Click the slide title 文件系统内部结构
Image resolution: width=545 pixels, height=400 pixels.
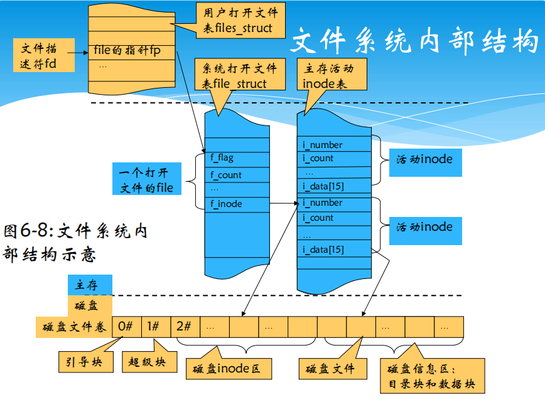pos(414,41)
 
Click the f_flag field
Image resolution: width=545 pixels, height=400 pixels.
pos(236,158)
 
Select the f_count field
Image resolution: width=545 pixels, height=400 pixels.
pos(236,175)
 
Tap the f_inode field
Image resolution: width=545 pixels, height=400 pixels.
pos(236,204)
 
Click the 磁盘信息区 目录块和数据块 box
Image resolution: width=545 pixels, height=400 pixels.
pos(433,376)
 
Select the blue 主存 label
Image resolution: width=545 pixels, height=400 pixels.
pos(90,285)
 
